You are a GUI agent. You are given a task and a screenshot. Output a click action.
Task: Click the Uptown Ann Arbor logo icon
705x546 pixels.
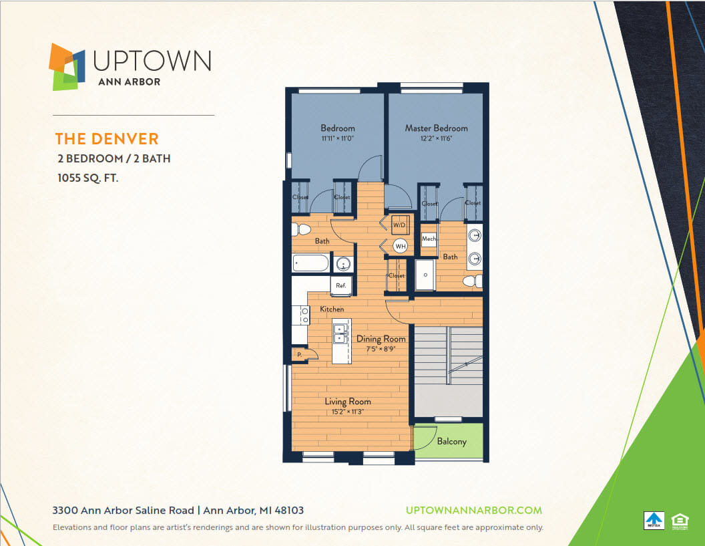(x=67, y=66)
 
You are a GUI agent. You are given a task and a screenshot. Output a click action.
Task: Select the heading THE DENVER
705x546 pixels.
(x=107, y=139)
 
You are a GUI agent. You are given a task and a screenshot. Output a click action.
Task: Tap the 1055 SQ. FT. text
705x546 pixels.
(x=88, y=178)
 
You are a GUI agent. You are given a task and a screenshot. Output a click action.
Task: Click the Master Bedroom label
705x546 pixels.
(x=436, y=128)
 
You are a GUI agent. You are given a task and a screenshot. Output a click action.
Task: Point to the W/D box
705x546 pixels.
(x=399, y=226)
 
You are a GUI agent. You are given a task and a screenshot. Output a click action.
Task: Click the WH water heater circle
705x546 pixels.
(x=400, y=246)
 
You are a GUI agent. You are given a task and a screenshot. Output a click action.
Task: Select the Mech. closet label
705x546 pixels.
(x=429, y=239)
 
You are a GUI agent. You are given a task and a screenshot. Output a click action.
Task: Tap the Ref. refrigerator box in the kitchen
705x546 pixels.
(x=340, y=285)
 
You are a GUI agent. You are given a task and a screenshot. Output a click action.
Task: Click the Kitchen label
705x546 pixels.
(x=332, y=309)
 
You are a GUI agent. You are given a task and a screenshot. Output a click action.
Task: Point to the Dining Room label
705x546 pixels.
(x=381, y=339)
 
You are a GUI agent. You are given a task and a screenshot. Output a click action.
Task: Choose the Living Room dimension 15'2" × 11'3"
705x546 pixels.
(x=347, y=412)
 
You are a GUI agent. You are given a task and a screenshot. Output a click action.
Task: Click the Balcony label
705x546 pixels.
(x=451, y=442)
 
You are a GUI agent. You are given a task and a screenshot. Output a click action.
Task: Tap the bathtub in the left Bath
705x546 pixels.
(x=311, y=263)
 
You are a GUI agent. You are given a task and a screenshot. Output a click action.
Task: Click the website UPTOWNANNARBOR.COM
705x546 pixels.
(x=474, y=510)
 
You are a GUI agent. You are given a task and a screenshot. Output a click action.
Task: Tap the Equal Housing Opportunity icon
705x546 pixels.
(x=679, y=520)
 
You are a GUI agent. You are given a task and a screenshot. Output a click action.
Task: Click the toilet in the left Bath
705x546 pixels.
(x=301, y=230)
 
